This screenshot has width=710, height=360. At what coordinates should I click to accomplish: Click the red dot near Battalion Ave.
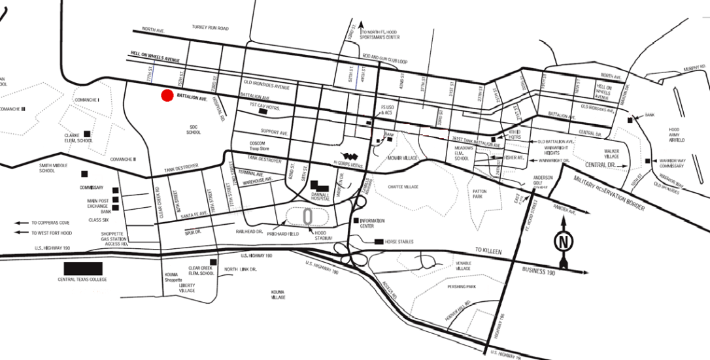coord(167,95)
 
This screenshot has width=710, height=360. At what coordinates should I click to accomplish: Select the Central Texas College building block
coord(83,268)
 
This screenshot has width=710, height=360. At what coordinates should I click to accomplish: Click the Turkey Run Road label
coord(210,28)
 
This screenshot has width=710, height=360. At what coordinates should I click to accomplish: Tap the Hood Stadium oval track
coord(307,214)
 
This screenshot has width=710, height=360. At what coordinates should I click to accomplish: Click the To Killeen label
coord(486,250)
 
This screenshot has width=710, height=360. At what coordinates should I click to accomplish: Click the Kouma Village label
coord(278,295)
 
